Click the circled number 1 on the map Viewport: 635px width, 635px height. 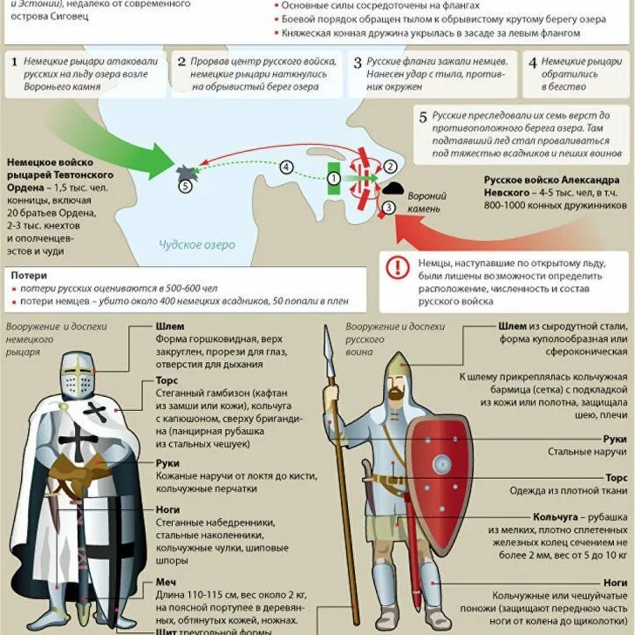pyautogui.click(x=333, y=179)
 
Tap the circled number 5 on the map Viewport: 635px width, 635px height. pyautogui.click(x=185, y=186)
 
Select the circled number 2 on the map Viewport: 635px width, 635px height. pyautogui.click(x=390, y=166)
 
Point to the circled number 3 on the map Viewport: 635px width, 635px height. pyautogui.click(x=389, y=207)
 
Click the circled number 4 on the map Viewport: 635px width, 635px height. pyautogui.click(x=288, y=167)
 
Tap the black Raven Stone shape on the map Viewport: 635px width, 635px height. pyautogui.click(x=393, y=187)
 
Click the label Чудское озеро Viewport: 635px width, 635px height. pyautogui.click(x=197, y=245)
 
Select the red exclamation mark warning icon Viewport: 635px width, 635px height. pyautogui.click(x=398, y=267)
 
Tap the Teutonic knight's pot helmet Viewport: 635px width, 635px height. pyautogui.click(x=79, y=376)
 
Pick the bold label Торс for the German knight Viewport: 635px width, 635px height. pyautogui.click(x=167, y=381)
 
